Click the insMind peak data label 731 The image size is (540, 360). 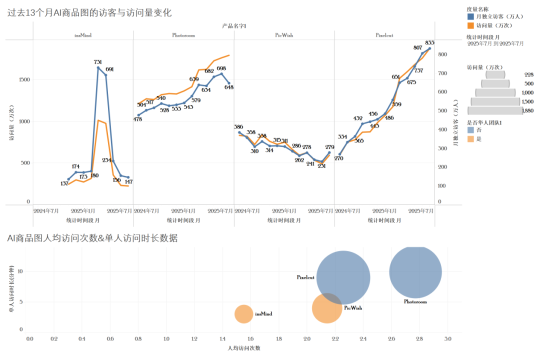tap(97, 62)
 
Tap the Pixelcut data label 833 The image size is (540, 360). tap(429, 42)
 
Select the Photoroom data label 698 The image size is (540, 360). tap(221, 69)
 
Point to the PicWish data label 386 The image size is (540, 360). tap(239, 127)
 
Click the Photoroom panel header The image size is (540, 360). tap(183, 35)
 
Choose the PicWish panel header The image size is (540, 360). tap(284, 35)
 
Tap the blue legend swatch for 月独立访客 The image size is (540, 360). tap(470, 17)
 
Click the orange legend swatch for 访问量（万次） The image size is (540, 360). tap(470, 25)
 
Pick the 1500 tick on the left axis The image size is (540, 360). tap(24, 80)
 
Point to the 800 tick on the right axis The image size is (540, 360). tap(442, 54)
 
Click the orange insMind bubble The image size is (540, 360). tap(244, 314)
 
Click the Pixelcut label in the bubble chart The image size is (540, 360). tap(305, 277)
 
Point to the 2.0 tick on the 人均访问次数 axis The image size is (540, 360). tap(306, 339)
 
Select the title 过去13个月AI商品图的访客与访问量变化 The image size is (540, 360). tap(89, 13)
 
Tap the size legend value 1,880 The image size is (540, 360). tap(527, 111)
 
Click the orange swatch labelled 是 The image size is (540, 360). tap(470, 139)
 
